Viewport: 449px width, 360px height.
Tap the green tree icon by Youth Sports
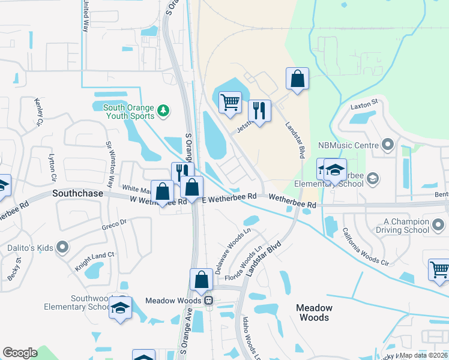(x=163, y=110)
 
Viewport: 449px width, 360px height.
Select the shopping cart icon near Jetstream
(x=230, y=103)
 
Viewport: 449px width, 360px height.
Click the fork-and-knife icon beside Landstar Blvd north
(x=259, y=110)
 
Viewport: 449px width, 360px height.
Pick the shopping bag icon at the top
(x=297, y=79)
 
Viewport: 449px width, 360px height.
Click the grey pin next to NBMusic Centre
(x=387, y=145)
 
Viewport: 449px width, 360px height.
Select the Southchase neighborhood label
(x=78, y=194)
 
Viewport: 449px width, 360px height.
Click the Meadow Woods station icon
(x=208, y=300)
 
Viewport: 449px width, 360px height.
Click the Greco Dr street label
(x=114, y=223)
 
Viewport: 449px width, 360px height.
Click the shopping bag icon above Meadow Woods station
(x=201, y=280)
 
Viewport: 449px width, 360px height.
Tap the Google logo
(x=20, y=353)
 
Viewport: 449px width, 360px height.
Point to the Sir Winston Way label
(x=110, y=164)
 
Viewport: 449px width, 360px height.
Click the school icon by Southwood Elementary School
(x=120, y=308)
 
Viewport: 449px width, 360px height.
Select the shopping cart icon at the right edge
(x=439, y=269)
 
